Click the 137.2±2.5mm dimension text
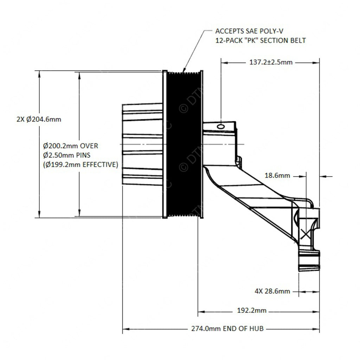[x=268, y=62]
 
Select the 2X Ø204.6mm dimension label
[x=38, y=119]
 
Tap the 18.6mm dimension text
[x=278, y=175]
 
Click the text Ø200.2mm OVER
[x=70, y=146]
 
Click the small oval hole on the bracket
[x=221, y=127]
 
